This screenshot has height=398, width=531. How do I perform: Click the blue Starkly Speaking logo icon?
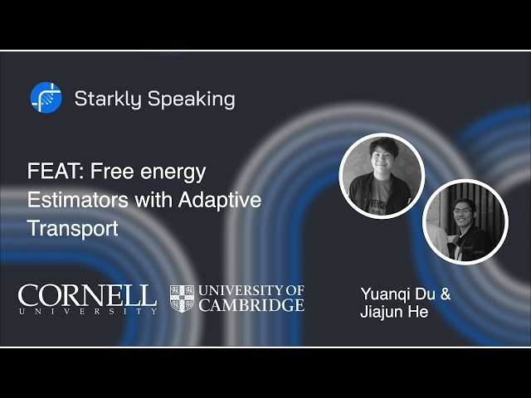46,99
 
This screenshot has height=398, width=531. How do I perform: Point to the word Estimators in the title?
71,200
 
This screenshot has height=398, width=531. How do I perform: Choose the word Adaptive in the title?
222,200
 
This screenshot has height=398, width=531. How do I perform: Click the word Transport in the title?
73,227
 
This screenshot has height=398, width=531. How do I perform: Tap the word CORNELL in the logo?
87,294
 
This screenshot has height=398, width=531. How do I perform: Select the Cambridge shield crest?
182,298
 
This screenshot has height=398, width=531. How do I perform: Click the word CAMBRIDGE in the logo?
250,304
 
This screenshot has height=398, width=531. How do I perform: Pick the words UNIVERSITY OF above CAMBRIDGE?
250,290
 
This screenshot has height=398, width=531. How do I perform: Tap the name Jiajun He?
394,313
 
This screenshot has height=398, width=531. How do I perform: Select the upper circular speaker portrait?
382,176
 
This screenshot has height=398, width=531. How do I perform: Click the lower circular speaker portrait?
465,221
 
